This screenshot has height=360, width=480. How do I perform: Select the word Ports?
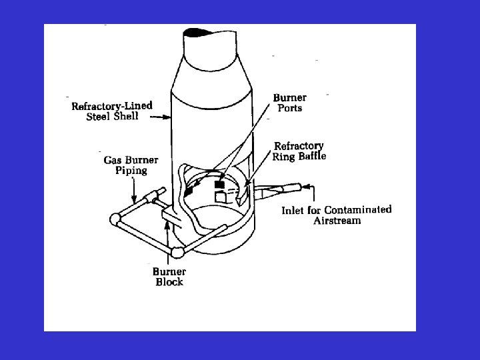coord(290,109)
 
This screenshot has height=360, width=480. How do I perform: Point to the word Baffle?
coord(309,157)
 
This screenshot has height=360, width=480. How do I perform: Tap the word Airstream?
coord(337,221)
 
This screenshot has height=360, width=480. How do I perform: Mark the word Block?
coord(169,282)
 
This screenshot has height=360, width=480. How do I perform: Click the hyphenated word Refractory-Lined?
coord(112,106)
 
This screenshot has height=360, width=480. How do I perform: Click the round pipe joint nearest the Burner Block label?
coord(177,252)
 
